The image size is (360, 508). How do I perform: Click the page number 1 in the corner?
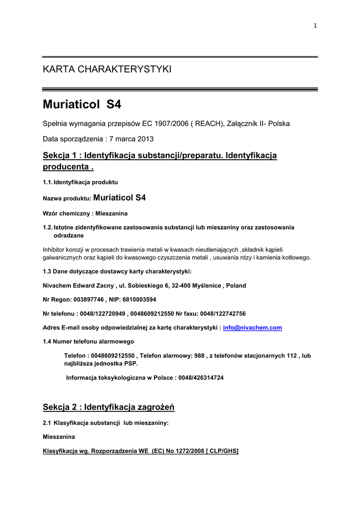pyautogui.click(x=315, y=26)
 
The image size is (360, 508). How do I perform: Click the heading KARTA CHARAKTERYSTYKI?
pyautogui.click(x=107, y=69)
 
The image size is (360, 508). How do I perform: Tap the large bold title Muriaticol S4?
pyautogui.click(x=82, y=105)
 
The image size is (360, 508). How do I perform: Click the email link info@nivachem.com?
pyautogui.click(x=252, y=328)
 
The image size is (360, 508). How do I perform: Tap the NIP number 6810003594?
pyautogui.click(x=140, y=300)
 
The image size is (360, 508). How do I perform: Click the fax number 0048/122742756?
pyautogui.click(x=222, y=314)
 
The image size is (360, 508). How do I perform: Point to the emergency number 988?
pyautogui.click(x=199, y=356)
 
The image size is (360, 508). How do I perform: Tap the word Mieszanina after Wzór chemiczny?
pyautogui.click(x=110, y=213)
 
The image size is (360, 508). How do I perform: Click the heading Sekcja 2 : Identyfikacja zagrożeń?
pyautogui.click(x=109, y=408)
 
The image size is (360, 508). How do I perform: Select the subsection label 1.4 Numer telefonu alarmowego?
pyautogui.click(x=88, y=342)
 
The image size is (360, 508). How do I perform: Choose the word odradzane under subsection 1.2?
pyautogui.click(x=69, y=235)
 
